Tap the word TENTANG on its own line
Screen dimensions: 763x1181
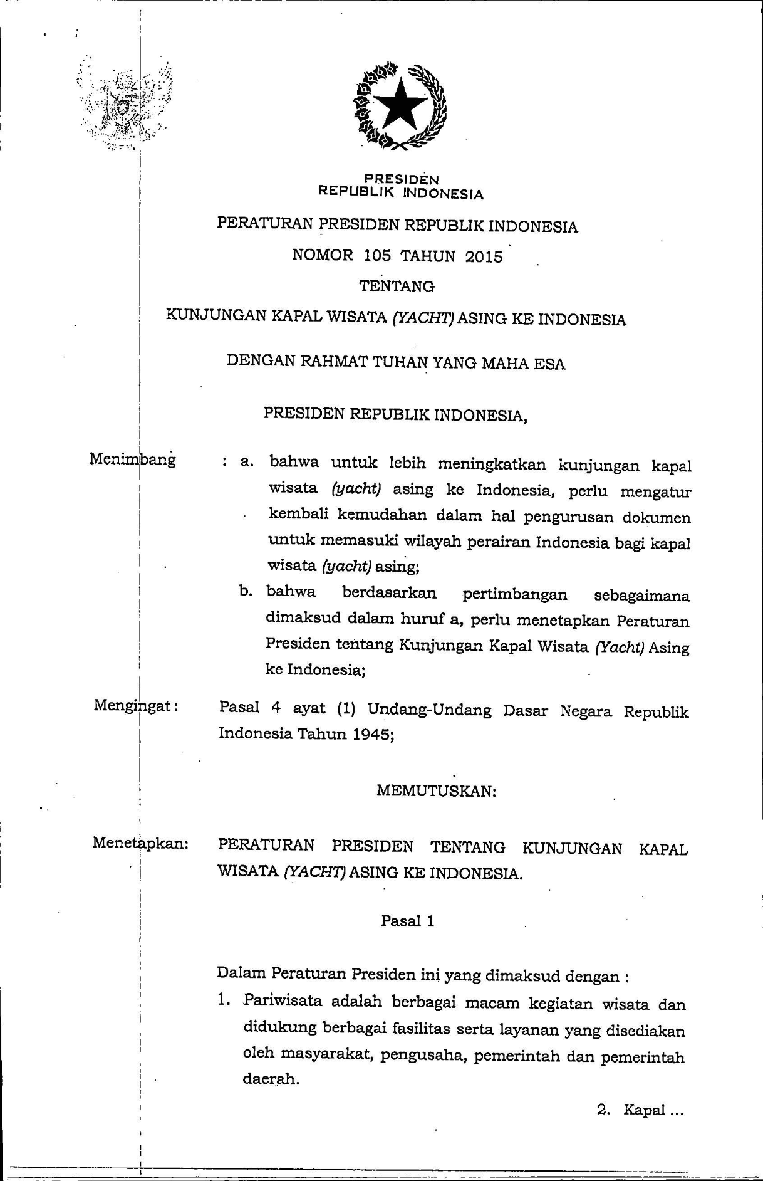[x=397, y=286]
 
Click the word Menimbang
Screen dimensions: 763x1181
[x=133, y=459]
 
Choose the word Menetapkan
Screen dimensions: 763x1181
[x=140, y=842]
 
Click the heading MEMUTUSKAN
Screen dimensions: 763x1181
[x=436, y=791]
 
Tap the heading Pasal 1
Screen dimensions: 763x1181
[x=407, y=921]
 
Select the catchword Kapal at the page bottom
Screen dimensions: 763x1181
[x=644, y=1110]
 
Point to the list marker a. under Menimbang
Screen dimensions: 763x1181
[x=246, y=463]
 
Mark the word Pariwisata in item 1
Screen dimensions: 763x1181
[x=283, y=1000]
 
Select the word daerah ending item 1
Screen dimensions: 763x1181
[x=271, y=1079]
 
